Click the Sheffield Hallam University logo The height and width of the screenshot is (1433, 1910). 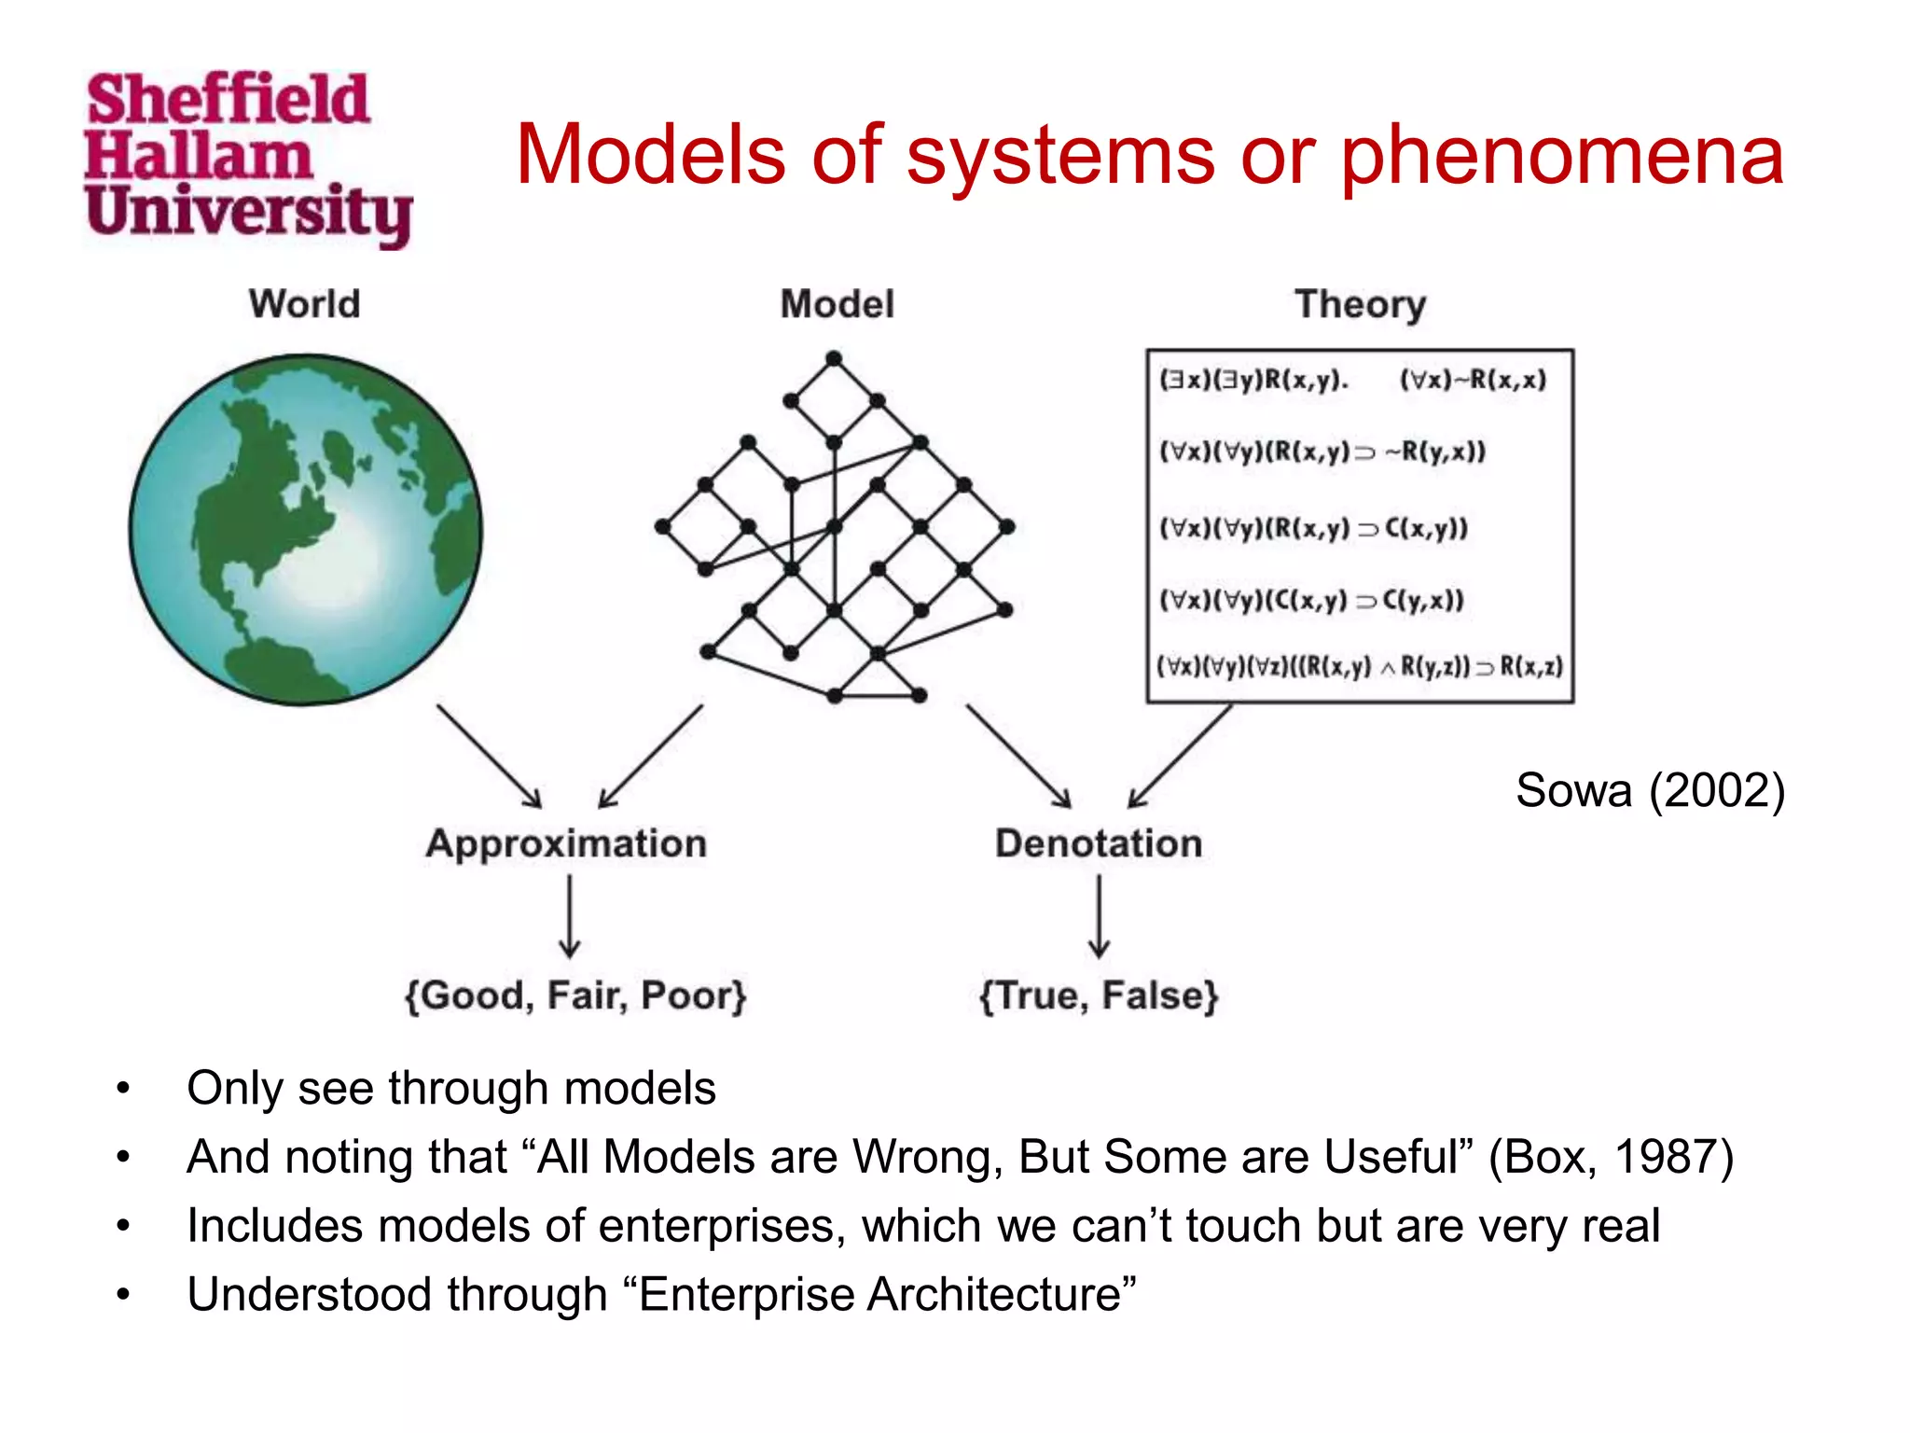pyautogui.click(x=247, y=159)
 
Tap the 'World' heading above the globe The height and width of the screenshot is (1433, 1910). pyautogui.click(x=304, y=304)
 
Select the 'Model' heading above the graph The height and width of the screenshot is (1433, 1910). pyautogui.click(x=837, y=304)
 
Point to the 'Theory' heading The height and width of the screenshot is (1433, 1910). pyautogui.click(x=1360, y=304)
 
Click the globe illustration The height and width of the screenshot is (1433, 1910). pyautogui.click(x=306, y=529)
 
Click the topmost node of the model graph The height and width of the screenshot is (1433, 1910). pyautogui.click(x=834, y=358)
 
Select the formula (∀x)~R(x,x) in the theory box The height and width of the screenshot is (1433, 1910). pyautogui.click(x=1473, y=380)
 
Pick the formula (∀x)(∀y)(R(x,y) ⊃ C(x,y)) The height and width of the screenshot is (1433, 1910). pyautogui.click(x=1313, y=528)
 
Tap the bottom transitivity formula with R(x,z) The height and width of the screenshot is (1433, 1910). pyautogui.click(x=1360, y=666)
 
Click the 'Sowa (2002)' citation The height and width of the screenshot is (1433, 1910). pyautogui.click(x=1650, y=791)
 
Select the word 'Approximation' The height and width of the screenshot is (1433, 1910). pyautogui.click(x=566, y=843)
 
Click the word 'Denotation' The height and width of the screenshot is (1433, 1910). pyautogui.click(x=1099, y=843)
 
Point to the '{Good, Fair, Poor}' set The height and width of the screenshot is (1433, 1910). pyautogui.click(x=575, y=995)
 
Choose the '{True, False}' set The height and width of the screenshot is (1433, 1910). pyautogui.click(x=1099, y=995)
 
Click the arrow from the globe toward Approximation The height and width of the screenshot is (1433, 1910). pyautogui.click(x=489, y=756)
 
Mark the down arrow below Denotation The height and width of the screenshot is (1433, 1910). pyautogui.click(x=1100, y=917)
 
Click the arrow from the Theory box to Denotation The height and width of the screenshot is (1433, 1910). pyautogui.click(x=1180, y=756)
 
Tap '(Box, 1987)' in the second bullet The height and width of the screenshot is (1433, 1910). pyautogui.click(x=1611, y=1157)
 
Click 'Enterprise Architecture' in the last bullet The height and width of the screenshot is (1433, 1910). pyautogui.click(x=880, y=1295)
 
